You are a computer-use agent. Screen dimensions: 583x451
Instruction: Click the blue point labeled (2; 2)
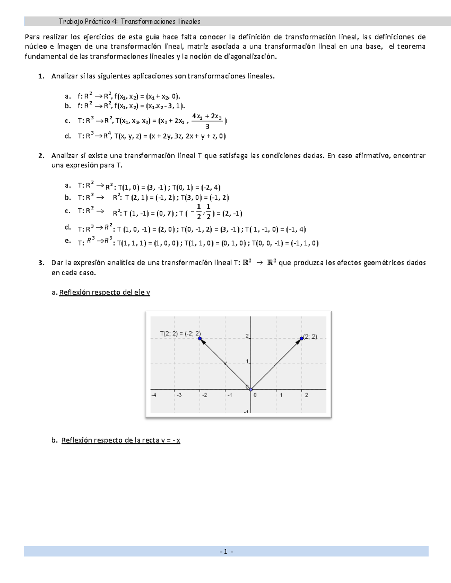click(301, 338)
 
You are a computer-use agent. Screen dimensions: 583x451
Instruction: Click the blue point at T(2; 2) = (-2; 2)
click(200, 339)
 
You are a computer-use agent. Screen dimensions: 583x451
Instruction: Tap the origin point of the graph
click(251, 389)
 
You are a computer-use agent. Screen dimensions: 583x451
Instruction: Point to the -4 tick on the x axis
click(153, 395)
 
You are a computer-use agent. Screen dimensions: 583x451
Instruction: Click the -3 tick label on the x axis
click(179, 395)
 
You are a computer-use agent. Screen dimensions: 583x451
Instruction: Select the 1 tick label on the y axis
click(247, 362)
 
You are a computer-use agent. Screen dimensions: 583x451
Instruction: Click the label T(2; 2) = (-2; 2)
click(180, 333)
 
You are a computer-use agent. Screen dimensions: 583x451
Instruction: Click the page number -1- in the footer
click(226, 551)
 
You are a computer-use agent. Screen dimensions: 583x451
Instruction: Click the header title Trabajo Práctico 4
click(129, 21)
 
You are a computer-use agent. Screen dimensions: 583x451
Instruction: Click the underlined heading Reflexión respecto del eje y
click(104, 292)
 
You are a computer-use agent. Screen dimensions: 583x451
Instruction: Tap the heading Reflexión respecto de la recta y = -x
click(121, 440)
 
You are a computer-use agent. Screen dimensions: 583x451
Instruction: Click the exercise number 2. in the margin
click(41, 155)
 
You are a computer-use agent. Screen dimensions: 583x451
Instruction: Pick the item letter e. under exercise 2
click(68, 241)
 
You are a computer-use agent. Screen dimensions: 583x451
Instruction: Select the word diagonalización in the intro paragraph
click(250, 57)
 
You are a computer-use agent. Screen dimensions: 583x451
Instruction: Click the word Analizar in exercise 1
click(64, 76)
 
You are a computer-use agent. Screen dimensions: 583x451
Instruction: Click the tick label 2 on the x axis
click(306, 395)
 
